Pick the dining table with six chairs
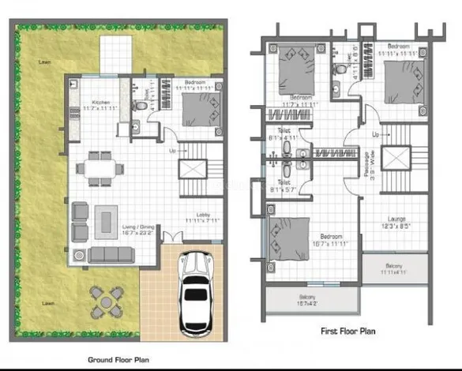coord(100,169)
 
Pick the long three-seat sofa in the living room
coord(108,254)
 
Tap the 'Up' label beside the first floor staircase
coord(376,134)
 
